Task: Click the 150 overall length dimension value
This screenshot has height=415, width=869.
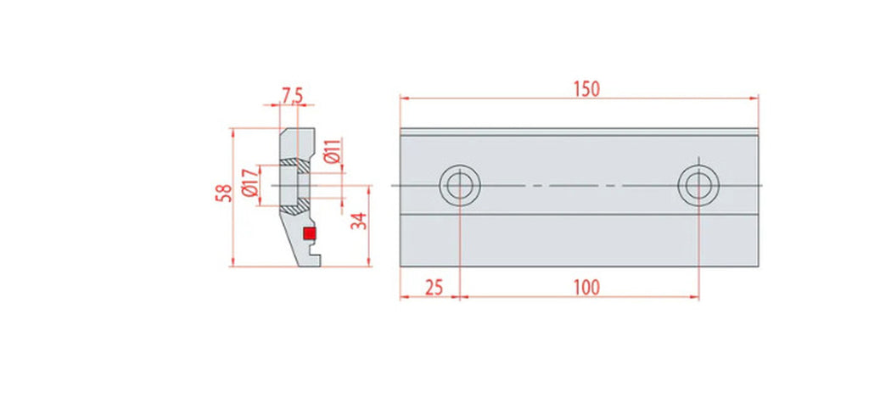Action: click(x=586, y=88)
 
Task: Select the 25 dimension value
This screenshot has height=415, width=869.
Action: click(x=434, y=288)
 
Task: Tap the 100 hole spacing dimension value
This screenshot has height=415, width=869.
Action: click(x=586, y=288)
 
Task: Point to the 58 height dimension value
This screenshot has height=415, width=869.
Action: click(x=222, y=194)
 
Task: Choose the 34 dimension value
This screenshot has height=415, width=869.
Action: click(x=359, y=222)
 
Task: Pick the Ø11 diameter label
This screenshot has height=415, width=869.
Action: click(x=333, y=151)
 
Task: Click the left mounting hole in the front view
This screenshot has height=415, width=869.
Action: click(x=459, y=184)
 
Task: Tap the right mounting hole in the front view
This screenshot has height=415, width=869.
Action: click(x=698, y=184)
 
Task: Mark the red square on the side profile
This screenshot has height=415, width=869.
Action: click(x=310, y=233)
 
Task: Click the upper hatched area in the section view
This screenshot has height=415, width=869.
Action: click(x=294, y=161)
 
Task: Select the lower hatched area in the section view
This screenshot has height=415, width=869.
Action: click(x=294, y=207)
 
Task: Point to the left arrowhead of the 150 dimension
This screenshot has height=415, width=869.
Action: click(x=403, y=98)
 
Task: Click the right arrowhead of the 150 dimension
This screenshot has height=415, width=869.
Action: click(x=755, y=98)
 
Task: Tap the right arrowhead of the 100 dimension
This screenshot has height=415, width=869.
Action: click(x=695, y=297)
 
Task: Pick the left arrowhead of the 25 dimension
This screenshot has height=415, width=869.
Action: click(x=403, y=297)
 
